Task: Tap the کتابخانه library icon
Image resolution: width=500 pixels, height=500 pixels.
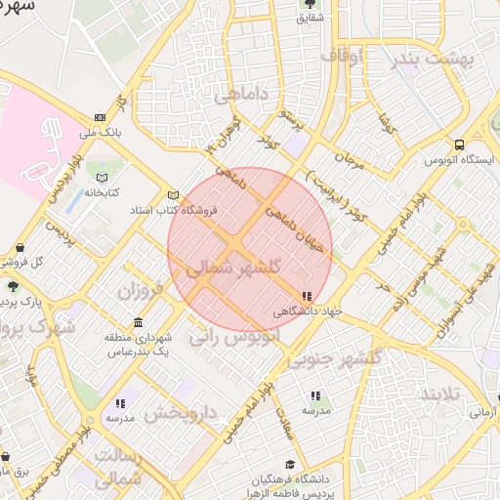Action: tap(102, 177)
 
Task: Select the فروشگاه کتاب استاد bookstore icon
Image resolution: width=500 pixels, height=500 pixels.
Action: tap(174, 194)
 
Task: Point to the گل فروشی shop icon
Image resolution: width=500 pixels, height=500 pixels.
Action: tap(21, 247)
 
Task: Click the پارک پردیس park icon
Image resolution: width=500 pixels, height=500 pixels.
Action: tap(12, 285)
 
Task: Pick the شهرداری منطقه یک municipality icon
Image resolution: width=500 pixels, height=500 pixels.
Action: tap(138, 323)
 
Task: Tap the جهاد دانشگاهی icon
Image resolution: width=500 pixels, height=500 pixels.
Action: tap(307, 296)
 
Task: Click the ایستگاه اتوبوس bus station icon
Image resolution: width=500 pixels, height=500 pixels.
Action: tap(459, 145)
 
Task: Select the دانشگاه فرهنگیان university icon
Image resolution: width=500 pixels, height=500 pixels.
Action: tap(289, 466)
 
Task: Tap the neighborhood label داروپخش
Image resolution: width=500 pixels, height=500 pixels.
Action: tap(180, 413)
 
